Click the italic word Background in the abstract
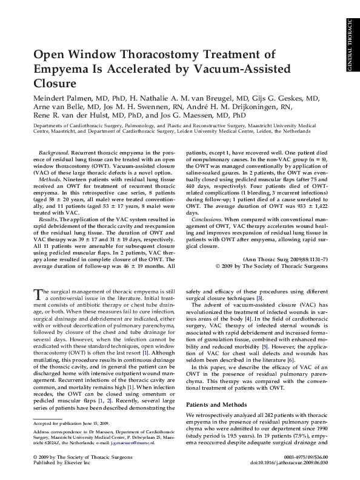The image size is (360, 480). click(52, 153)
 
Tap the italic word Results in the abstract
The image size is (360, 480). click(48, 216)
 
